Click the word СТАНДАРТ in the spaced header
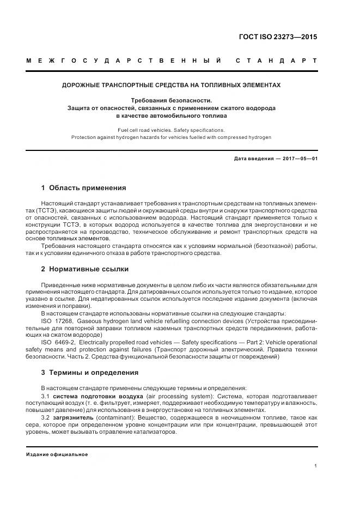pyautogui.click(x=276, y=60)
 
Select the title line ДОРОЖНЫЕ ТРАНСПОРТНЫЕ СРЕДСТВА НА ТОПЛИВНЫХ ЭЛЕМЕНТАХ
pyautogui.click(x=171, y=86)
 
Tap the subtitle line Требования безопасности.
pyautogui.click(x=171, y=100)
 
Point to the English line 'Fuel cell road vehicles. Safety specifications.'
pyautogui.click(x=171, y=130)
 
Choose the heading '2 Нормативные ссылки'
pyautogui.click(x=85, y=269)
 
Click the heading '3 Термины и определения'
pyautogui.click(x=89, y=373)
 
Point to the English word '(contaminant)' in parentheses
pyautogui.click(x=114, y=417)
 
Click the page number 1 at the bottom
pyautogui.click(x=315, y=466)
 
